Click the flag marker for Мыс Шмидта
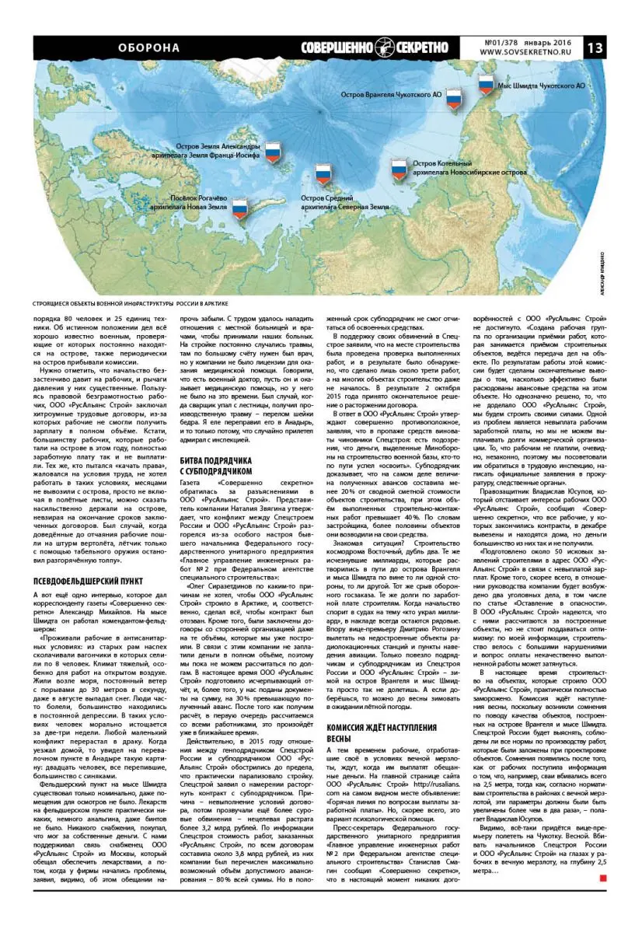click(486, 85)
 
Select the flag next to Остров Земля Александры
click(273, 152)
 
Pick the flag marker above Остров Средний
click(323, 175)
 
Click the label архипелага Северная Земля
click(344, 208)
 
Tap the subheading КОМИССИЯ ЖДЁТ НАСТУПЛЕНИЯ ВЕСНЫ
click(371, 732)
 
